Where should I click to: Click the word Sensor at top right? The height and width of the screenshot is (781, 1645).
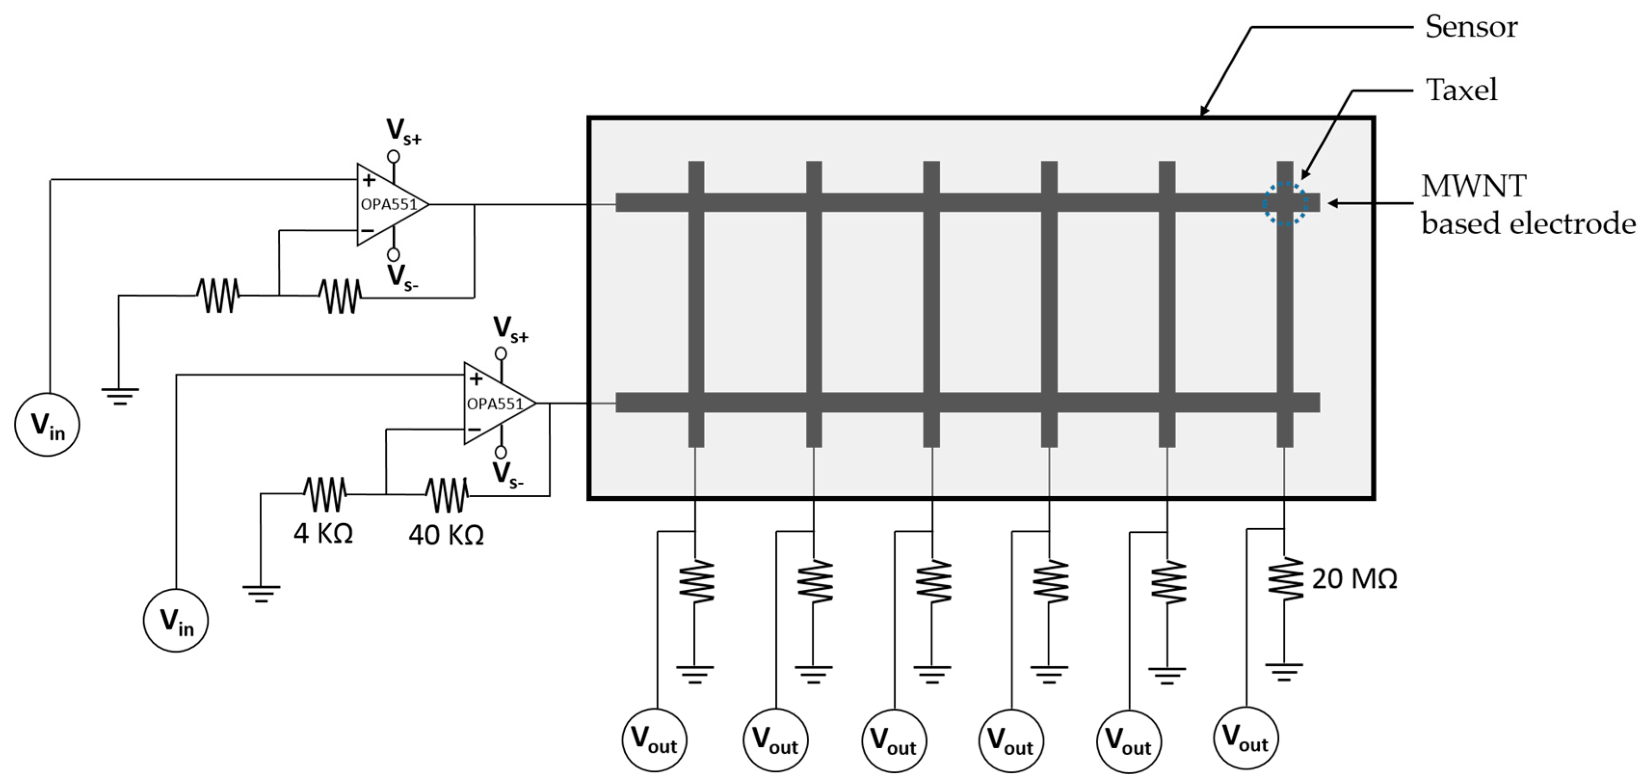tap(1471, 27)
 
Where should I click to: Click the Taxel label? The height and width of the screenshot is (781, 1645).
tap(1461, 90)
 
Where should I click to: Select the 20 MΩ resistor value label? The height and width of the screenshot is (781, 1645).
tap(1354, 579)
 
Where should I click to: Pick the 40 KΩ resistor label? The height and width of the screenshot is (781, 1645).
tap(446, 534)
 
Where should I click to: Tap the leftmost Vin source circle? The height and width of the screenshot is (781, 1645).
tap(47, 424)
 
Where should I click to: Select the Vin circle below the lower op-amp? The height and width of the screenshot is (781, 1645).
tap(176, 620)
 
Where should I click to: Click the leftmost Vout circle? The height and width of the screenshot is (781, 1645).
tap(654, 740)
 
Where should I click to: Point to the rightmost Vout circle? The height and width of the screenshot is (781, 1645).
tap(1245, 739)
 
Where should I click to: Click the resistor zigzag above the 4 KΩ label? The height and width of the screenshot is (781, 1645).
tap(325, 494)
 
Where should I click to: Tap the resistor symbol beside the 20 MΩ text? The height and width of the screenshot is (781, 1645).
tap(1285, 579)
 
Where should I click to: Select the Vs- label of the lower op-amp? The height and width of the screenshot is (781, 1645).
tap(508, 475)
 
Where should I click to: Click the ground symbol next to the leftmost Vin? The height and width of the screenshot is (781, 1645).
tap(119, 396)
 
